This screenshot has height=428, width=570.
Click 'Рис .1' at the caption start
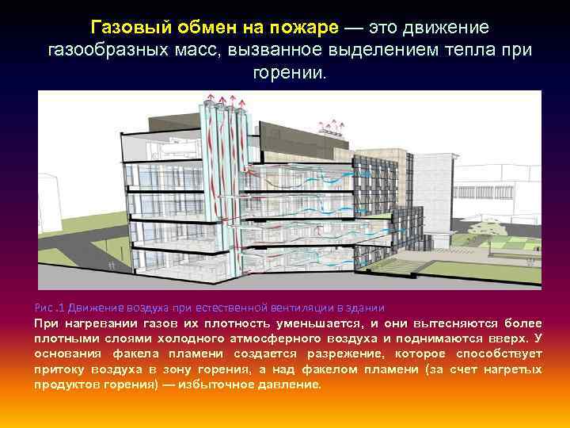pos(50,308)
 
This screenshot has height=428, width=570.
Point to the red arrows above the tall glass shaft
pos(223,100)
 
